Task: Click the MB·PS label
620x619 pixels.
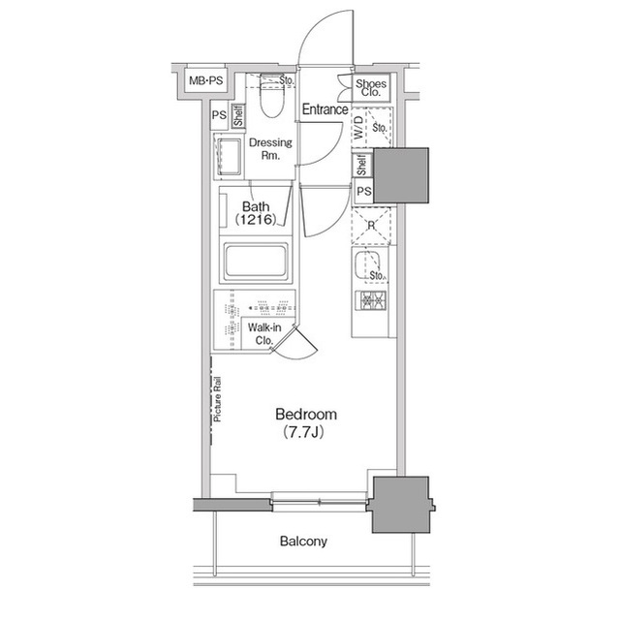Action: pyautogui.click(x=204, y=81)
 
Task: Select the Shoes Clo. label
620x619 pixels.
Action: pyautogui.click(x=371, y=89)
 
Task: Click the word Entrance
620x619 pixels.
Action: pyautogui.click(x=325, y=109)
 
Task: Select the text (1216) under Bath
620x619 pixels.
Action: pyautogui.click(x=255, y=221)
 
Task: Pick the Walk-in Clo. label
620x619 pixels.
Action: pyautogui.click(x=266, y=334)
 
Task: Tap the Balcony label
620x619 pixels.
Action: pyautogui.click(x=304, y=542)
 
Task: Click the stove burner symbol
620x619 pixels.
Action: pyautogui.click(x=372, y=300)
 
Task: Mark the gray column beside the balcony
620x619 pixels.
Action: pyautogui.click(x=399, y=504)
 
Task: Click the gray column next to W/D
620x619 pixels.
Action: pyautogui.click(x=401, y=175)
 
